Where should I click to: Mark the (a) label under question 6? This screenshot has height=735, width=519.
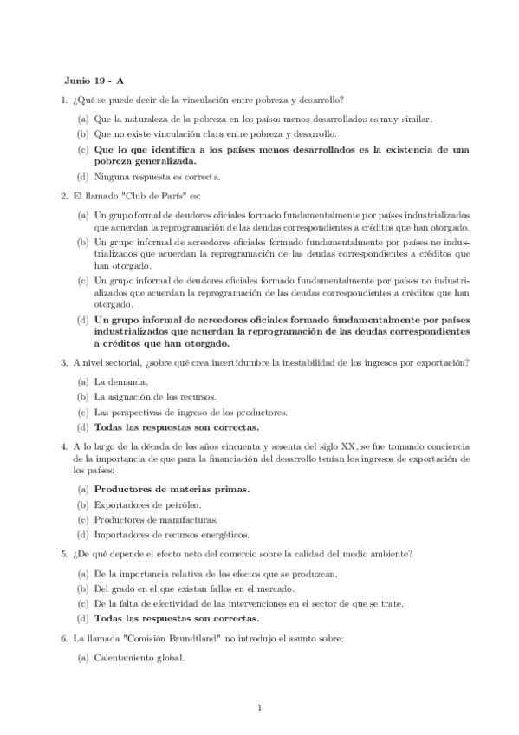click(82, 657)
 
